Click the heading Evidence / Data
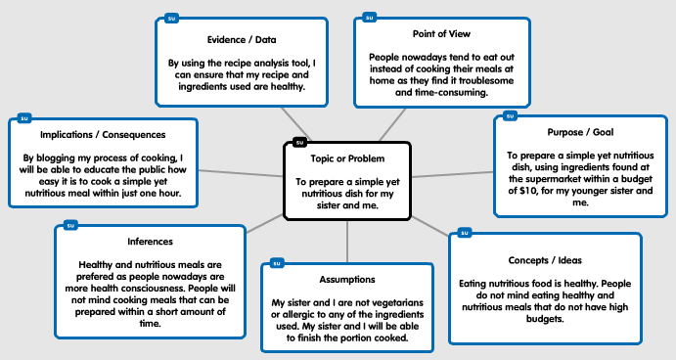(x=240, y=40)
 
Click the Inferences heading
(x=150, y=241)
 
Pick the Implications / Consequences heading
(x=103, y=134)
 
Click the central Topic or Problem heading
(x=347, y=157)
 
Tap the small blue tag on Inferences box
(x=69, y=225)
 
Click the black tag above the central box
(x=299, y=142)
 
